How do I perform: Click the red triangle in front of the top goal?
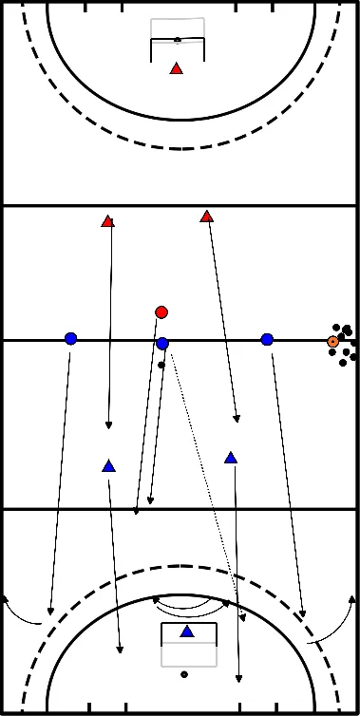[176, 68]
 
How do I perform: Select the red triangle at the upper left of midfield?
[107, 222]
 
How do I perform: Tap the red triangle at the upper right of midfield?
[206, 217]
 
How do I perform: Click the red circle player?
[161, 311]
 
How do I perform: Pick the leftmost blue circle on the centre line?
[70, 338]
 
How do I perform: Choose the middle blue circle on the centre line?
[162, 343]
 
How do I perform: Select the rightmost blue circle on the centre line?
[267, 339]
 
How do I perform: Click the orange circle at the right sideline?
[332, 341]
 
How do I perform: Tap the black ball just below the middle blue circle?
[161, 365]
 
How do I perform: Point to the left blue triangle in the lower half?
[108, 466]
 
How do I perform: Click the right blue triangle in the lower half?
[230, 458]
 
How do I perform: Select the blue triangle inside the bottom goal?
[187, 631]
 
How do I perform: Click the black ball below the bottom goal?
[184, 674]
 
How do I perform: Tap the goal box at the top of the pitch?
[177, 39]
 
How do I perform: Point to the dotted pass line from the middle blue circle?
[204, 484]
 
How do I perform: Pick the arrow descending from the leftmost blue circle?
[60, 475]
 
